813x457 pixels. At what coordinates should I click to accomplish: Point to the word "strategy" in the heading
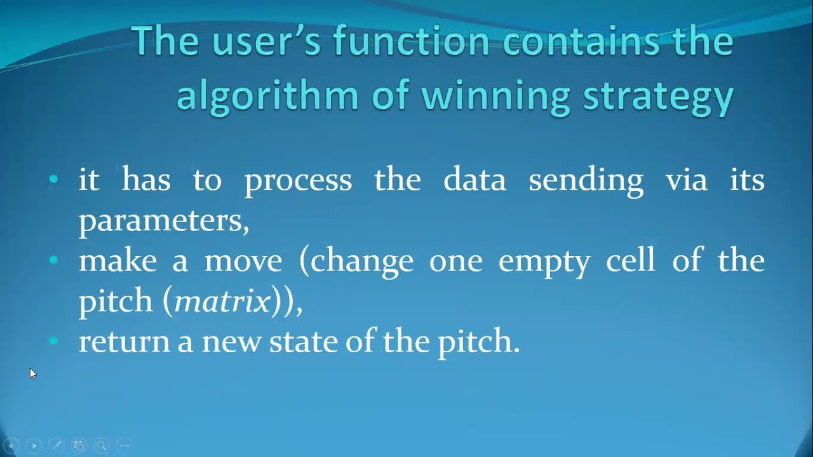[x=659, y=96]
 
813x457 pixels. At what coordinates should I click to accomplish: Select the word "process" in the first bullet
[x=298, y=180]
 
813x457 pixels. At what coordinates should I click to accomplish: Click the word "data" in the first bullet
[x=474, y=180]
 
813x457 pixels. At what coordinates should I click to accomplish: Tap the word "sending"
[x=586, y=180]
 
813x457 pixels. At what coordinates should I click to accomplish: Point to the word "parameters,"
[x=164, y=221]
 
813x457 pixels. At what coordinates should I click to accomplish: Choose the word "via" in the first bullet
[x=686, y=180]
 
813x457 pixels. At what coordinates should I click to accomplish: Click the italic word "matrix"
[x=222, y=301]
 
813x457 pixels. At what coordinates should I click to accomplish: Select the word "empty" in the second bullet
[x=544, y=262]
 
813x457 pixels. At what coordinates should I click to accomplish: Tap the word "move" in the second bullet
[x=243, y=261]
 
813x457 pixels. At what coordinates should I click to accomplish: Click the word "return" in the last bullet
[x=124, y=341]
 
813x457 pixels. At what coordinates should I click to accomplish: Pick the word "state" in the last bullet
[x=304, y=341]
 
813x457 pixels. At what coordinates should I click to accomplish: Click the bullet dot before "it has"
[x=53, y=180]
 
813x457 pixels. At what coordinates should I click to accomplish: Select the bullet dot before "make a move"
[x=53, y=260]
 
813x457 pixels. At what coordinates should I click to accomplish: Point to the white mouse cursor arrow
[x=32, y=373]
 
